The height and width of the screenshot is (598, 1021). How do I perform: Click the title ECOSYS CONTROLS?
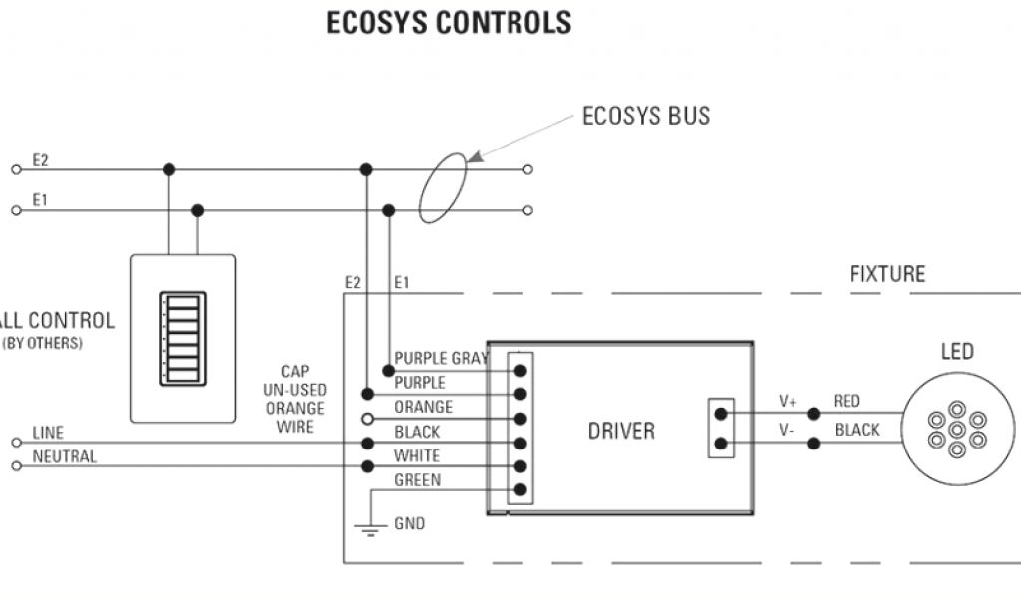[x=449, y=23]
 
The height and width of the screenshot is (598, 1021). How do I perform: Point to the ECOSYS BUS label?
[x=646, y=116]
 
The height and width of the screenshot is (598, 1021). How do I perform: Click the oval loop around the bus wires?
[x=443, y=188]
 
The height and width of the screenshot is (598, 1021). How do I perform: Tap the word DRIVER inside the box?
[x=621, y=431]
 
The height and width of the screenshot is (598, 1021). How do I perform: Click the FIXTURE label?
[x=887, y=273]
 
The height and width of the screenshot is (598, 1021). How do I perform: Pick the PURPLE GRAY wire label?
[x=441, y=359]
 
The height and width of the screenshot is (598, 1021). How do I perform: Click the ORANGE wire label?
[x=423, y=407]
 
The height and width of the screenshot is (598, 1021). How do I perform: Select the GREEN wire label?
[x=418, y=480]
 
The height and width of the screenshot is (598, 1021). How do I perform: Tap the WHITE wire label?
[x=418, y=456]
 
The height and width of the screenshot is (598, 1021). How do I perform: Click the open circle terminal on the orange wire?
[x=368, y=419]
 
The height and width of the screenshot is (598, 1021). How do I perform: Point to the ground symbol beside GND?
[x=370, y=528]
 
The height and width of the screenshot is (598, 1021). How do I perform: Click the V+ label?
[x=788, y=402]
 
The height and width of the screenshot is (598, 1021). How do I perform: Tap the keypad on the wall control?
[x=182, y=339]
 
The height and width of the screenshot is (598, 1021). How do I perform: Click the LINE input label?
[x=48, y=433]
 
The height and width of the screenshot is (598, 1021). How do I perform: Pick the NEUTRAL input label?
[x=65, y=457]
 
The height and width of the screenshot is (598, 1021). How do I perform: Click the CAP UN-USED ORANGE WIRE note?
[x=295, y=399]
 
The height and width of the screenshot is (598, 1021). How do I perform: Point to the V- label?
[x=788, y=430]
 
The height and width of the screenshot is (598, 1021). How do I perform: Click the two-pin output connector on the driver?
[x=721, y=429]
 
